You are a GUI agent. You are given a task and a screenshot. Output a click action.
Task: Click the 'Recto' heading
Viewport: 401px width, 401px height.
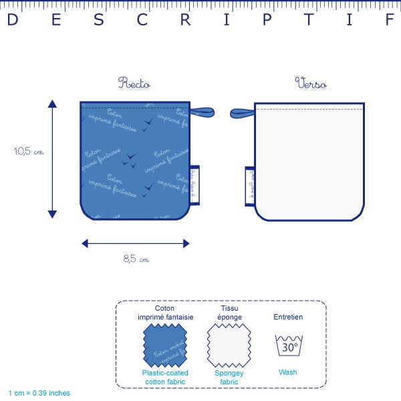[134, 84]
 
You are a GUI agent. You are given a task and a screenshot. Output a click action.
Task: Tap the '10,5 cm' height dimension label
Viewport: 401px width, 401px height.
[29, 152]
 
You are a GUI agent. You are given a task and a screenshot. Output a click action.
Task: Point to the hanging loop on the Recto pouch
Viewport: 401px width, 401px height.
[203, 112]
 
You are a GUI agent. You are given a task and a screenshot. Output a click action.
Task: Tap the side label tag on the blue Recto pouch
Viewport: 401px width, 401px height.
[194, 181]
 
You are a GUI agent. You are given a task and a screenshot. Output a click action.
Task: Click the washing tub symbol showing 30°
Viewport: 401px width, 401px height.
[289, 346]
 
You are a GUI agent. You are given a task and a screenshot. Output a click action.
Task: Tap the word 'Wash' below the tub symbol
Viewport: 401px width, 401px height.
[289, 372]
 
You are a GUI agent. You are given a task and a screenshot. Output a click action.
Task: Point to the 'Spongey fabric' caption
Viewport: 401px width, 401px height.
[229, 376]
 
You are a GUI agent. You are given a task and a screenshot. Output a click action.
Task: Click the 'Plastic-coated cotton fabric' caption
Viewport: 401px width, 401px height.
[165, 376]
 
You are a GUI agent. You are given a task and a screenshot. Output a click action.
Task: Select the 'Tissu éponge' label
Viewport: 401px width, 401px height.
[229, 312]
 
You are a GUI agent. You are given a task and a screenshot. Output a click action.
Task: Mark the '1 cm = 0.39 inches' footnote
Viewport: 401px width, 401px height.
[39, 393]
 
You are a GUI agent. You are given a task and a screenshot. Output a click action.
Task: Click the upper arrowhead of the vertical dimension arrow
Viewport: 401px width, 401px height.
[52, 104]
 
